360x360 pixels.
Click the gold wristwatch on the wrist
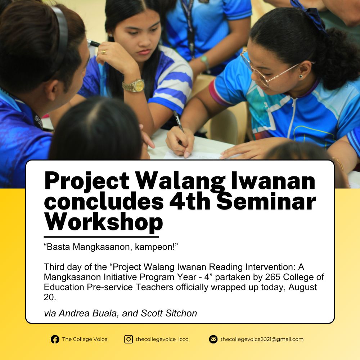tap(134, 86)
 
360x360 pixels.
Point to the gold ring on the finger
tap(103, 52)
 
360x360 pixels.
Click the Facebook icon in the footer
tap(55, 339)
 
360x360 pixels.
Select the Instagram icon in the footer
tap(129, 339)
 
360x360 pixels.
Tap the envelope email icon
tap(213, 339)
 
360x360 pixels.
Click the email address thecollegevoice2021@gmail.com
tap(262, 339)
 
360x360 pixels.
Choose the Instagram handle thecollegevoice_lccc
tap(162, 339)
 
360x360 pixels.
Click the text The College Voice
tap(85, 339)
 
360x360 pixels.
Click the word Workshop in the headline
tap(104, 222)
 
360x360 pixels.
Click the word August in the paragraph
tap(303, 287)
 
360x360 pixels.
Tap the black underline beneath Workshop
tap(101, 237)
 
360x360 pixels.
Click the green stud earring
tap(301, 76)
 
